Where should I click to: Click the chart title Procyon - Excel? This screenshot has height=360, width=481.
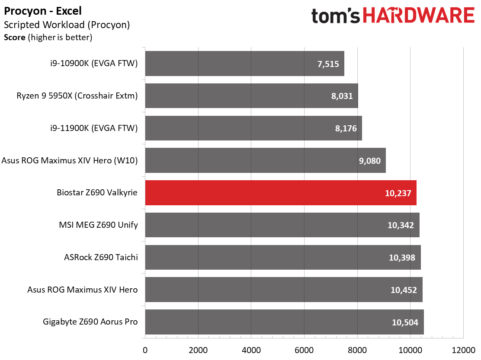click(x=43, y=11)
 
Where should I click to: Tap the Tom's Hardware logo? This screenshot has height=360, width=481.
click(x=393, y=16)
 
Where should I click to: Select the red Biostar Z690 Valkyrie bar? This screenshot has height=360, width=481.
click(x=281, y=193)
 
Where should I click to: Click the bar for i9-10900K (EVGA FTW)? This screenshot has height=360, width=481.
click(x=244, y=64)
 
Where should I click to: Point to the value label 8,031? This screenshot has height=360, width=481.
click(x=342, y=96)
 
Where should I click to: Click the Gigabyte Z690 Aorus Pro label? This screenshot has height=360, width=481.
click(x=90, y=322)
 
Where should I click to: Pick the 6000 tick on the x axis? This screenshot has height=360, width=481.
click(x=304, y=350)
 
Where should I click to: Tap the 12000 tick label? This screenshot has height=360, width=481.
click(x=463, y=350)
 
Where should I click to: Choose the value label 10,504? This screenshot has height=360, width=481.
click(x=405, y=322)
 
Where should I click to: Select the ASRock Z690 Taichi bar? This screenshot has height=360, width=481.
click(x=283, y=258)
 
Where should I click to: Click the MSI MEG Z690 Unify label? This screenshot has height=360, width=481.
click(x=99, y=225)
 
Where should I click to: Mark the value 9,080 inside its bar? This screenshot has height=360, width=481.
click(x=370, y=161)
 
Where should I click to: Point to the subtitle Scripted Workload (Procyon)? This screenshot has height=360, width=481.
click(x=67, y=25)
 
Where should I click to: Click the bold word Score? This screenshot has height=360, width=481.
click(x=14, y=37)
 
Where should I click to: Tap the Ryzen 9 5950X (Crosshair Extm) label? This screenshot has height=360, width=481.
click(x=77, y=96)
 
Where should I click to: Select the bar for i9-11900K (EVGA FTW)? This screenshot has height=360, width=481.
click(x=253, y=128)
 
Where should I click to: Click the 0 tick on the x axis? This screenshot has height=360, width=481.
click(x=145, y=350)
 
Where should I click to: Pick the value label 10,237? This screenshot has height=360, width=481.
click(x=398, y=193)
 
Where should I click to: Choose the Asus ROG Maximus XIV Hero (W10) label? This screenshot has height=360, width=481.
click(x=70, y=160)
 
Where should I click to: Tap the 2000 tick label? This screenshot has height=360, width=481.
click(x=198, y=350)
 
